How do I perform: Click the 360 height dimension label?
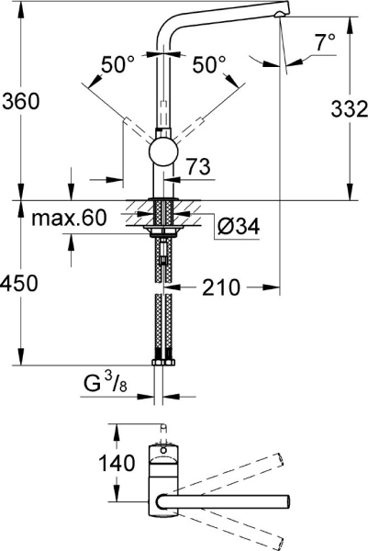pyautogui.click(x=20, y=101)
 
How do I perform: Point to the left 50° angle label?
pyautogui.click(x=117, y=64)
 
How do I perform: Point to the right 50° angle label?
pyautogui.click(x=209, y=64)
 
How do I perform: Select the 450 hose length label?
pyautogui.click(x=20, y=285)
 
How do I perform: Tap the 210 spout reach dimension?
pyautogui.click(x=220, y=288)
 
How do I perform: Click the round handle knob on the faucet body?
pyautogui.click(x=162, y=152)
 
